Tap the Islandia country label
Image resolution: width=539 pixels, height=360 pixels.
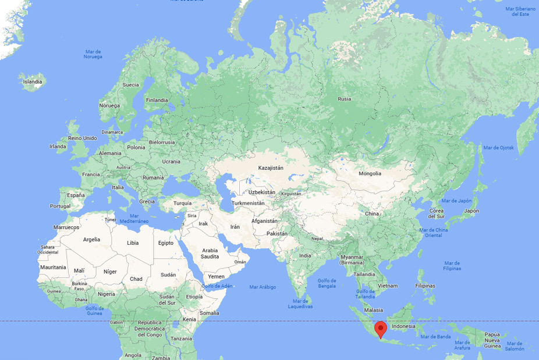[x=33, y=82]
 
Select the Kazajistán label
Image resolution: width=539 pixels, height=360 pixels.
[x=271, y=167]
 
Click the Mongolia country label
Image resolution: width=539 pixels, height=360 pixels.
[x=370, y=173]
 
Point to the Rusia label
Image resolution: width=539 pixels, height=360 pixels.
[x=345, y=99]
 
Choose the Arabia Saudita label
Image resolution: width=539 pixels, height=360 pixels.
[x=210, y=254]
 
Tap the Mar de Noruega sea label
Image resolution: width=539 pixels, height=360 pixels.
[x=93, y=54]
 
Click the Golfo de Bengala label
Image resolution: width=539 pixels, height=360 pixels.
[x=327, y=283]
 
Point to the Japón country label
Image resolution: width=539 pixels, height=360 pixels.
[x=471, y=211]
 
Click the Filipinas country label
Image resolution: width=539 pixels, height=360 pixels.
[x=425, y=286]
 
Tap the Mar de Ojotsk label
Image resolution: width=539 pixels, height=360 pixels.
[x=499, y=148]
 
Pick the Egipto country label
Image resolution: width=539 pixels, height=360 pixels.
[x=166, y=243]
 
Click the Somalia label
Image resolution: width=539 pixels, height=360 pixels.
[x=210, y=313]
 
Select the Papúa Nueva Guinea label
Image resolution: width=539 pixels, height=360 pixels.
[x=492, y=340]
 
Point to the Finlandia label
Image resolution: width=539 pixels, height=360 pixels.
[x=157, y=100]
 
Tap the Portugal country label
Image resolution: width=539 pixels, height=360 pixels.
[x=60, y=206]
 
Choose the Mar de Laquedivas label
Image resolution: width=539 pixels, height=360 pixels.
[x=300, y=304]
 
